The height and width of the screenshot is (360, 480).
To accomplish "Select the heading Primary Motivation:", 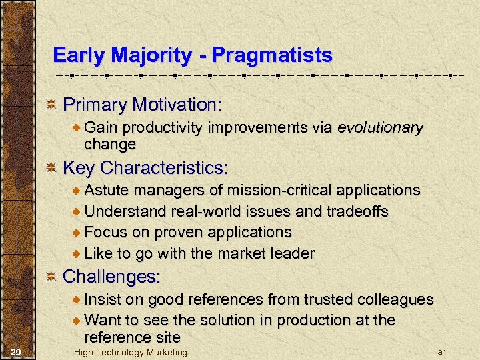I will point(142,105).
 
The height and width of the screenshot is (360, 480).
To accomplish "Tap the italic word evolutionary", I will point(380,128).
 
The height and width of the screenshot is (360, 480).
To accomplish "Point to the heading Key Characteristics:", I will point(145,167).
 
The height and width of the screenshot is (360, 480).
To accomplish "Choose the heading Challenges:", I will point(112,276).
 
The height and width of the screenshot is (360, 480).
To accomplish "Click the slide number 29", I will point(18,351).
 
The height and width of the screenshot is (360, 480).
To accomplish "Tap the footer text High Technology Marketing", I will point(131,352).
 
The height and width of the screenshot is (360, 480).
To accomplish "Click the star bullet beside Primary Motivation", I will point(51,105).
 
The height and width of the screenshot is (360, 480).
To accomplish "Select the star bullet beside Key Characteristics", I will point(51,167).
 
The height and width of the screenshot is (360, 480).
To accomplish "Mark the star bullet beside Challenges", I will point(51,276).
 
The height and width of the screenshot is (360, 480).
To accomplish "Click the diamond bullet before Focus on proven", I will point(77,233).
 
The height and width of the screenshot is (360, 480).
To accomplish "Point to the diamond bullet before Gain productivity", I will point(77,128).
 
